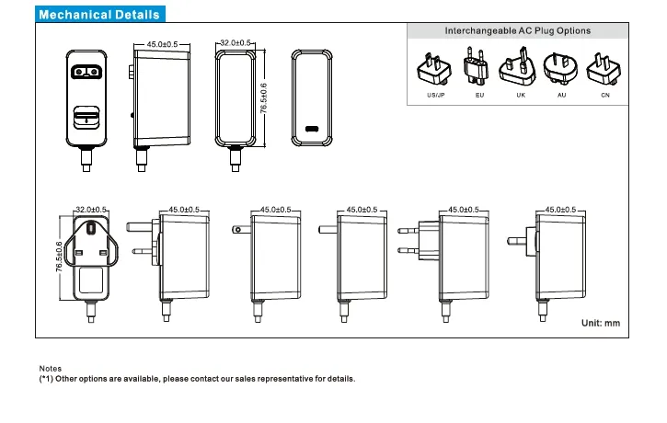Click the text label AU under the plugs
(x=560, y=96)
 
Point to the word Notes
(x=51, y=367)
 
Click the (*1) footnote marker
(x=46, y=379)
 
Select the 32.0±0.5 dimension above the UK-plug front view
(x=91, y=210)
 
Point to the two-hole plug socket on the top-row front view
(x=86, y=70)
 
